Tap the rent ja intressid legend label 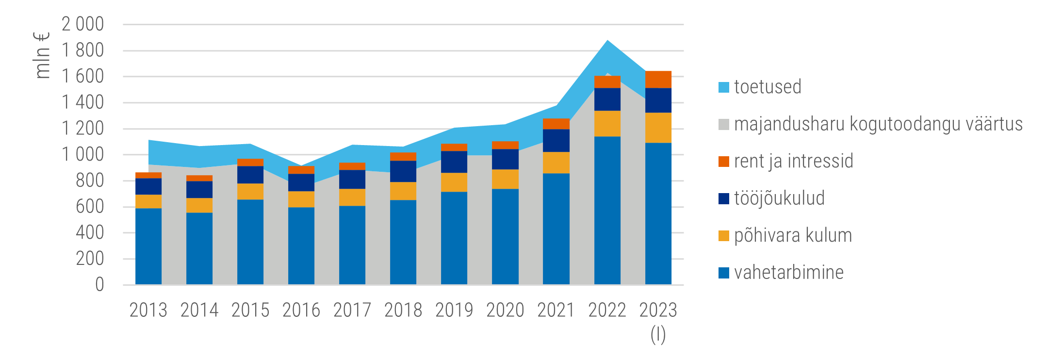click(x=793, y=162)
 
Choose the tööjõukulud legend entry click(x=779, y=198)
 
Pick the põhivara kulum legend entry click(x=793, y=236)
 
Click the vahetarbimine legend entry click(x=789, y=273)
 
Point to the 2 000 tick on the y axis click(x=83, y=24)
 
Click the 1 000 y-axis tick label click(x=83, y=155)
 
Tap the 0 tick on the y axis click(x=99, y=285)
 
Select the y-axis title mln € click(x=42, y=55)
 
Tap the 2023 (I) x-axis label click(x=658, y=321)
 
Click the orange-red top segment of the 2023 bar click(x=658, y=80)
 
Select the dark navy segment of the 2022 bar click(x=607, y=99)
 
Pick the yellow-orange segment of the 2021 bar click(x=556, y=163)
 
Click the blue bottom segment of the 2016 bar click(x=301, y=245)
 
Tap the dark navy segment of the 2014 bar click(x=199, y=190)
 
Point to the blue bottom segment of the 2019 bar click(x=454, y=238)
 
